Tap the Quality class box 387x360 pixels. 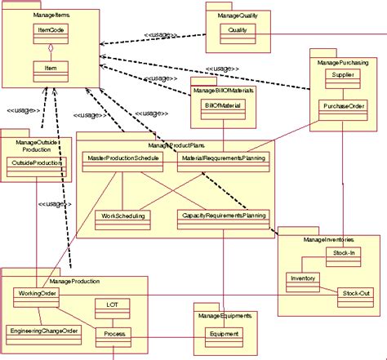click(x=238, y=30)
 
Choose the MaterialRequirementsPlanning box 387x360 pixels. click(x=222, y=157)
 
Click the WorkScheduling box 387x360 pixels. click(x=122, y=216)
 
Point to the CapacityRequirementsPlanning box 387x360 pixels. click(x=222, y=216)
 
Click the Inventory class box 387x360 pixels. click(x=302, y=278)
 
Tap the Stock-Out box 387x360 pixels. click(x=353, y=291)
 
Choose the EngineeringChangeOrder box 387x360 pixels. click(x=42, y=331)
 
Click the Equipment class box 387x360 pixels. click(x=224, y=334)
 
